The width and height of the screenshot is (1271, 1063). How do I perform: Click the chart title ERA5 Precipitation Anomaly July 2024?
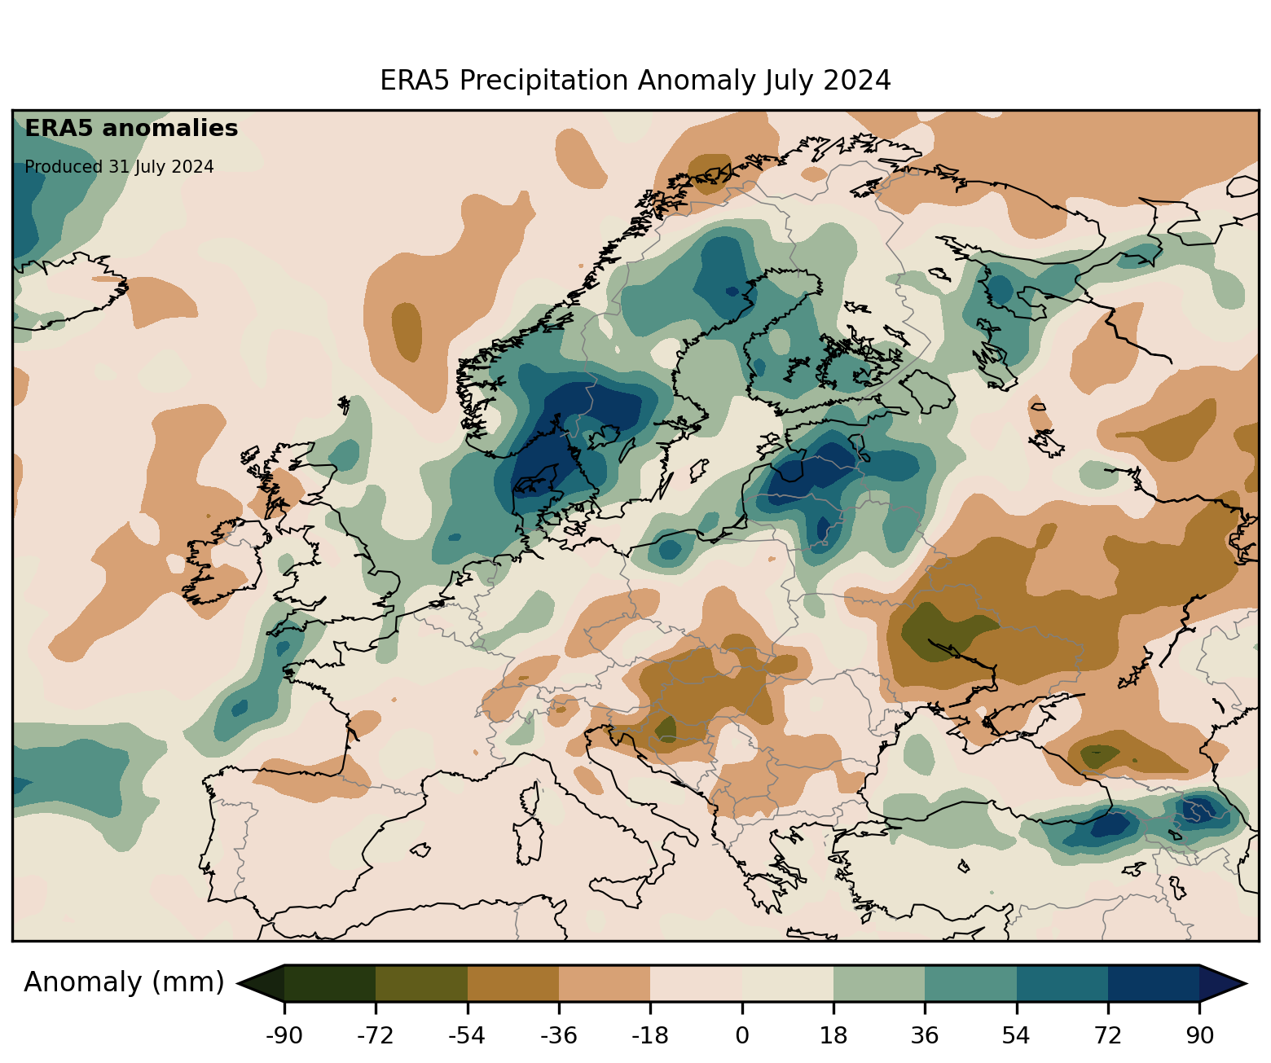pos(635,81)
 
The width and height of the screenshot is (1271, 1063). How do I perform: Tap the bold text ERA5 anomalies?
pos(131,129)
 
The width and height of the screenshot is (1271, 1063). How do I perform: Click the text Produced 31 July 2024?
pos(119,167)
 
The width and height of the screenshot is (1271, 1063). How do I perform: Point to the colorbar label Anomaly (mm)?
pos(124,982)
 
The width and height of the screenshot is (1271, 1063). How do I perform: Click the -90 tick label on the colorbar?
pos(284,1036)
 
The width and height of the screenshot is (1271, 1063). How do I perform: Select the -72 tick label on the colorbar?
pos(376,1036)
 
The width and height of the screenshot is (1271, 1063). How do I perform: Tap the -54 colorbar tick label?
pos(467,1036)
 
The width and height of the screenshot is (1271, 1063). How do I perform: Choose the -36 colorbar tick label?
pos(559,1036)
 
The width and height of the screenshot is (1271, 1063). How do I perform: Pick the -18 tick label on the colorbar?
pos(650,1036)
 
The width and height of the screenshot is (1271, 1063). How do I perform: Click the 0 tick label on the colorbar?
pos(741,1036)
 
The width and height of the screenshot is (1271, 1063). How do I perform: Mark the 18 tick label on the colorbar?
pos(833,1036)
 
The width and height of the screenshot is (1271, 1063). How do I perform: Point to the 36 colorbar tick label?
pos(925,1036)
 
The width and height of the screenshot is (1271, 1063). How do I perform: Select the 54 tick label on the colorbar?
pos(1016,1036)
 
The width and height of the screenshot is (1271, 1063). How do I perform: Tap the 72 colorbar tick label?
pos(1108,1036)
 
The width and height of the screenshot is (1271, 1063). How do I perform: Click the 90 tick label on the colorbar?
pos(1199,1036)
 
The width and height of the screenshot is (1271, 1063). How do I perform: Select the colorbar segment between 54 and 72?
pos(1062,983)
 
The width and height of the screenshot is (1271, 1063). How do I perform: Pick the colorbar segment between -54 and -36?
pos(513,983)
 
